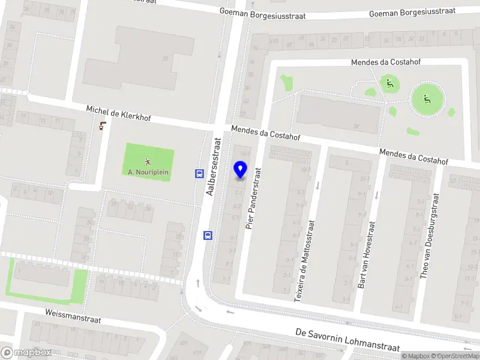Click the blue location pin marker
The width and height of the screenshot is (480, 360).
point(240,170)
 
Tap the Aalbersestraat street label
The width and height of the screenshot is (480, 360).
point(214,167)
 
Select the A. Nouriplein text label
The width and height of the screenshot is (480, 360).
point(148,172)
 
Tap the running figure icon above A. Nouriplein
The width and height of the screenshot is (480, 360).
point(148,161)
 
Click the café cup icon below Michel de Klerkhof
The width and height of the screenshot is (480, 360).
point(103,126)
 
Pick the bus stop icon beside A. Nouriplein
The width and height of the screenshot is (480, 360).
point(199,173)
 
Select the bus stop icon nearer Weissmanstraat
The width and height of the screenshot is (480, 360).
point(208,235)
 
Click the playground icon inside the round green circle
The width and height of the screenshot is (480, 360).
point(427,99)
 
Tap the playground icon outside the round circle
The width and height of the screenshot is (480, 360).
point(389,85)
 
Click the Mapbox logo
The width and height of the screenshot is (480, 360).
point(26,352)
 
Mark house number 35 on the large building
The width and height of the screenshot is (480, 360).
point(164,59)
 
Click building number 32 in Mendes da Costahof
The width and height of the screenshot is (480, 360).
point(356,126)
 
